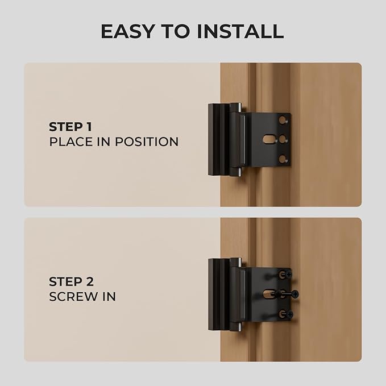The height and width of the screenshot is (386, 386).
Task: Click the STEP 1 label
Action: click(71, 126)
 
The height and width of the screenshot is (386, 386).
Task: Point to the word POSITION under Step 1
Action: click(147, 142)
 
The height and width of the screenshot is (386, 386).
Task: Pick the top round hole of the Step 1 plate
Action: click(283, 119)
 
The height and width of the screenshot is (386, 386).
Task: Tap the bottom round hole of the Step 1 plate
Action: click(283, 159)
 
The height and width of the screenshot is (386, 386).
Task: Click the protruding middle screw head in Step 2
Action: click(294, 294)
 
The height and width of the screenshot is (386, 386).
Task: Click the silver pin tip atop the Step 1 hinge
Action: click(239, 106)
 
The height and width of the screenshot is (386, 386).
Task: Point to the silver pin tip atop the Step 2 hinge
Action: click(239, 261)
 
